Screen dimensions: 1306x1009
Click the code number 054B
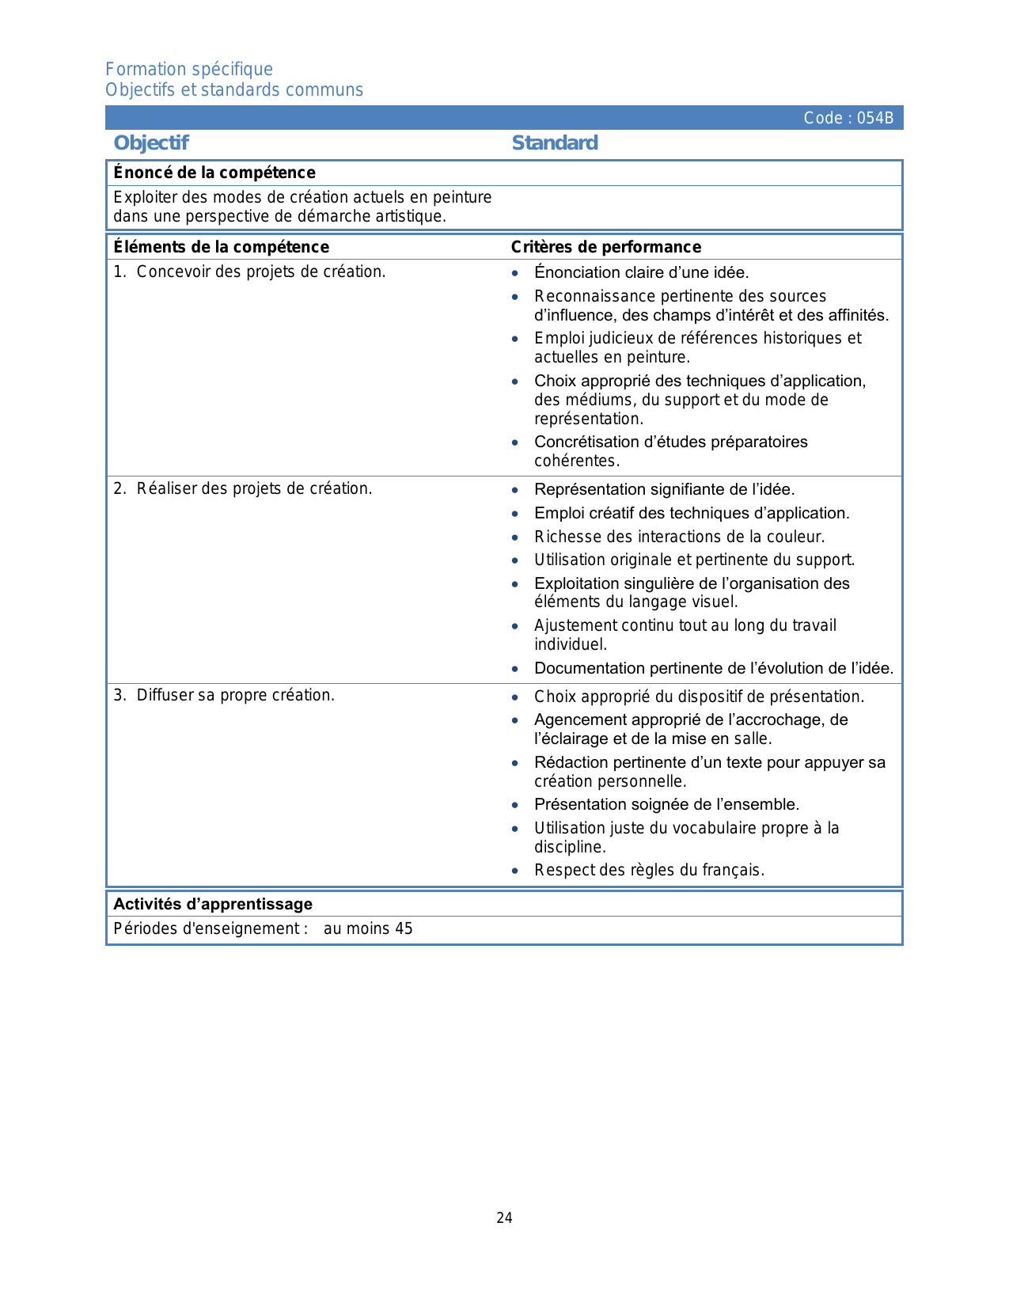coord(875,119)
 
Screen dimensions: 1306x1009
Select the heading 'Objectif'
coord(151,143)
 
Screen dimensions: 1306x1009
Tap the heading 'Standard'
coord(555,143)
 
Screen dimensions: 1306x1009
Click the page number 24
coord(504,1218)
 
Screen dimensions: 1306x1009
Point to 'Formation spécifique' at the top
coord(189,70)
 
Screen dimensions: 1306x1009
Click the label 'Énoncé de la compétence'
coord(214,173)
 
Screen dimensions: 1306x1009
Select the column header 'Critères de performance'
coord(606,247)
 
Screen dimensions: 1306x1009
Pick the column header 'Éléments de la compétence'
coord(222,247)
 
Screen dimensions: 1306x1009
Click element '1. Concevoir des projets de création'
coord(250,271)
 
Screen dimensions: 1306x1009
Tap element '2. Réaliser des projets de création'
coord(243,488)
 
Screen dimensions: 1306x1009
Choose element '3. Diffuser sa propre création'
coord(225,695)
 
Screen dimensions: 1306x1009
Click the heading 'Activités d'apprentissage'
coord(213,904)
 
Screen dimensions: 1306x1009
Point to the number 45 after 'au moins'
coord(404,928)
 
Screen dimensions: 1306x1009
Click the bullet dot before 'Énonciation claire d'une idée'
coord(515,273)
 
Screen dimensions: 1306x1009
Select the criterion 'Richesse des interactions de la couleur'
coord(679,537)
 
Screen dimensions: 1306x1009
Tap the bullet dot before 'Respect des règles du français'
coord(515,871)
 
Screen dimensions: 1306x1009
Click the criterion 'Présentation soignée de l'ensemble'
coord(666,804)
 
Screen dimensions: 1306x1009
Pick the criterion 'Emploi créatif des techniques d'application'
coord(692,513)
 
